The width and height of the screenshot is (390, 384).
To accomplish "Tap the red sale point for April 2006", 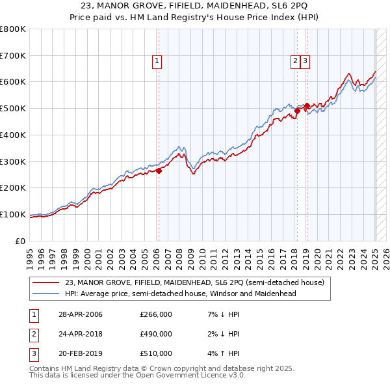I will (x=158, y=171).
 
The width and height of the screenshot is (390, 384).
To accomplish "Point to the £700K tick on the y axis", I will (x=14, y=56).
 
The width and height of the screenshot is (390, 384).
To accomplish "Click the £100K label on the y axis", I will (x=14, y=214).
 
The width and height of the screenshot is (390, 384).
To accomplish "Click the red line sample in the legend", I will (x=46, y=282).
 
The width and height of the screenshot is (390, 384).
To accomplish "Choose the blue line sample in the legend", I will (x=46, y=294).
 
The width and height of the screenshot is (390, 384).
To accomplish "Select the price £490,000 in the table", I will (x=156, y=334).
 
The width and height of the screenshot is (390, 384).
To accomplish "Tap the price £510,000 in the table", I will (x=156, y=353).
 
